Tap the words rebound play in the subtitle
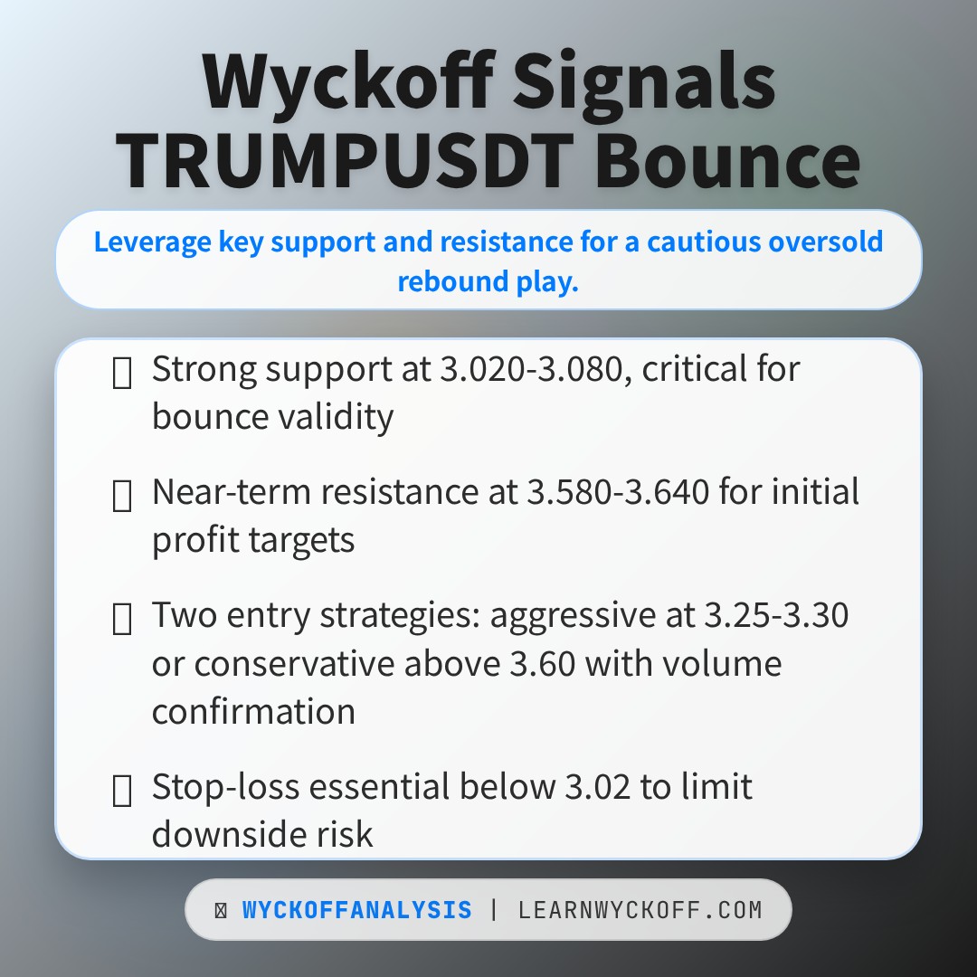[488, 281]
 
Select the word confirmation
[253, 712]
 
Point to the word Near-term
[231, 492]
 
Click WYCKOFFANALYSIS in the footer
[356, 910]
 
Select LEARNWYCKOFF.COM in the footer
[640, 910]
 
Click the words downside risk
[262, 834]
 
